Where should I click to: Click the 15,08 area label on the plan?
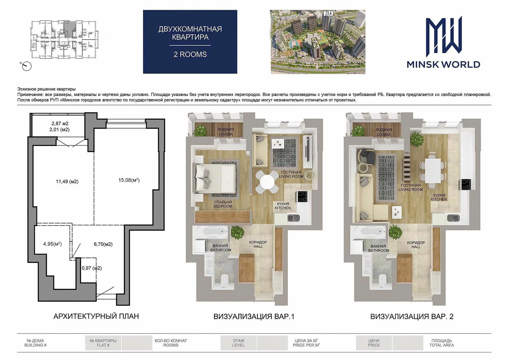click(129, 180)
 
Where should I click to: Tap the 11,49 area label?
click(67, 181)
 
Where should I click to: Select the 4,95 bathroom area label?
click(52, 244)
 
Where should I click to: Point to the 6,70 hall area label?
click(103, 244)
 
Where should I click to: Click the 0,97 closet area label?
click(91, 268)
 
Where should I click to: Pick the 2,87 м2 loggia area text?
click(60, 124)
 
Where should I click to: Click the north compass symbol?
click(26, 66)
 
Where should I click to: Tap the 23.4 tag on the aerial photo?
click(328, 13)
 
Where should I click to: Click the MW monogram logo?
click(444, 36)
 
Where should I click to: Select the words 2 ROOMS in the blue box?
click(190, 55)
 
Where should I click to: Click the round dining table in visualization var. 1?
click(267, 182)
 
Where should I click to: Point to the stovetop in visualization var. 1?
click(302, 196)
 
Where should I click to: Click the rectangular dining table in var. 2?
click(433, 170)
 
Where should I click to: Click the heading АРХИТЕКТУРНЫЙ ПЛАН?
click(96, 316)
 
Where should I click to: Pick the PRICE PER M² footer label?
click(306, 345)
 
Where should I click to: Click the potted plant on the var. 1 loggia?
click(200, 131)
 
